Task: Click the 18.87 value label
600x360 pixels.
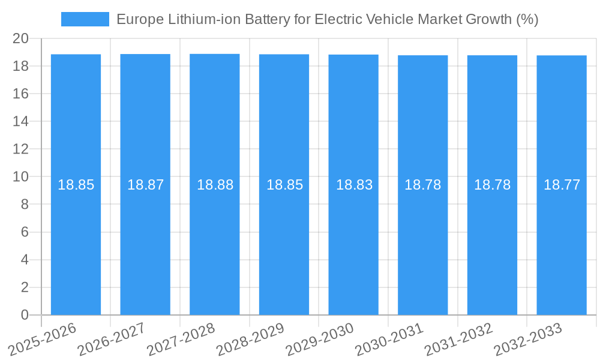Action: [x=145, y=185]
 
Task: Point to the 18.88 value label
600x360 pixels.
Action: [x=215, y=185]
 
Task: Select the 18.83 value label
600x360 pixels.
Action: [x=354, y=185]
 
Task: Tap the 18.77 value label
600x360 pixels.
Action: [x=562, y=185]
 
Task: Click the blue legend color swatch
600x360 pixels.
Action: [x=85, y=19]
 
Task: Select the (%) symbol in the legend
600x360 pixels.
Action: [x=527, y=19]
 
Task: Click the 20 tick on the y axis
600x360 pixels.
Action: [x=21, y=38]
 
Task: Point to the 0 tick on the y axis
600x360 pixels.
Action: [x=25, y=315]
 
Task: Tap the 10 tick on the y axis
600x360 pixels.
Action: [x=21, y=176]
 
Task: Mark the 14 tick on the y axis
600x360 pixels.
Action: [x=21, y=121]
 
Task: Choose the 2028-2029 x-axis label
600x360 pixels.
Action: [x=250, y=340]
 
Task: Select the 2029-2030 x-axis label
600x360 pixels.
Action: [x=319, y=340]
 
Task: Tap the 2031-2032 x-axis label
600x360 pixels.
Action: [x=458, y=340]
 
